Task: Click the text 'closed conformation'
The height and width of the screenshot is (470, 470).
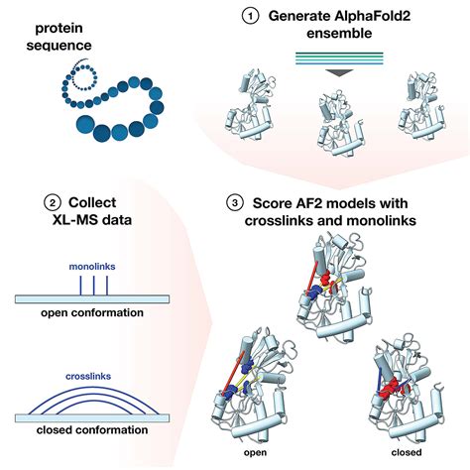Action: (x=93, y=430)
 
